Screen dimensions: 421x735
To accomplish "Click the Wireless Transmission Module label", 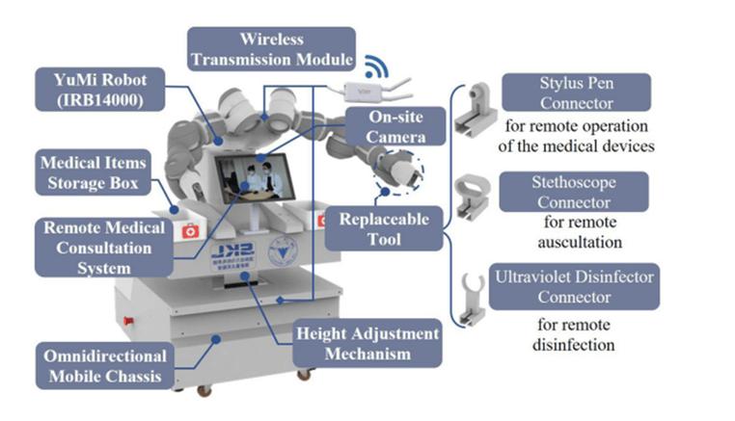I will pos(271,48).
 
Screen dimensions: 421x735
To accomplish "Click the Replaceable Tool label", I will pos(383,227).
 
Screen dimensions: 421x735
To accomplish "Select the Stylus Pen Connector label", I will pos(577,93).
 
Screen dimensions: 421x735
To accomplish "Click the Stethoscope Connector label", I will pos(576,192).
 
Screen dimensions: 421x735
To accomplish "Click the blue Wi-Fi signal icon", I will pos(374,68).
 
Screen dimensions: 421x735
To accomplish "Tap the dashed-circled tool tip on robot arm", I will pos(402,171).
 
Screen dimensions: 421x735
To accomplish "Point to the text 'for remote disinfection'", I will pos(576,333).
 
